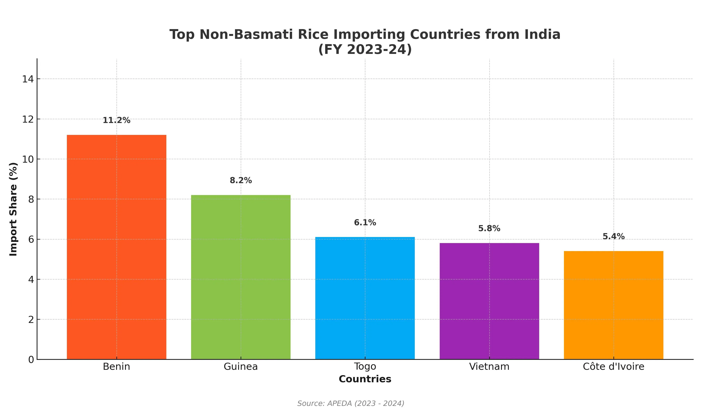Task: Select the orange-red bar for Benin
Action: click(116, 247)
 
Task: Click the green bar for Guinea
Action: click(241, 277)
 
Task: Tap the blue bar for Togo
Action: click(365, 298)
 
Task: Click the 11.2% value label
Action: click(116, 120)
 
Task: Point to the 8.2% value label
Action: click(241, 180)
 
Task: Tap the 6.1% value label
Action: click(365, 223)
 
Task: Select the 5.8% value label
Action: click(489, 228)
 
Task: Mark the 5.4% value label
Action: click(613, 236)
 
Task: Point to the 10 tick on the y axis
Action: click(28, 159)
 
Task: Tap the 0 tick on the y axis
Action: click(31, 359)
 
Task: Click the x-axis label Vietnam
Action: click(489, 366)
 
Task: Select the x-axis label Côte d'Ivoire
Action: click(613, 366)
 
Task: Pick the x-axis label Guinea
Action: click(241, 366)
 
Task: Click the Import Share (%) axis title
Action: click(13, 209)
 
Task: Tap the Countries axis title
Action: click(365, 379)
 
